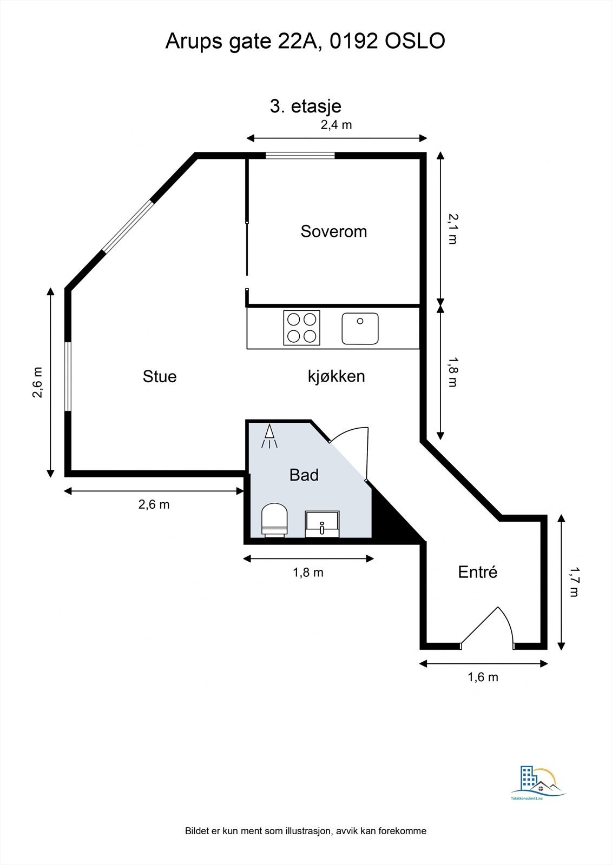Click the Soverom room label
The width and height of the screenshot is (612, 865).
pyautogui.click(x=334, y=231)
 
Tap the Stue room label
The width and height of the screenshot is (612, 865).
pyautogui.click(x=160, y=376)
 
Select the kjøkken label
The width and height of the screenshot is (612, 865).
pyautogui.click(x=337, y=376)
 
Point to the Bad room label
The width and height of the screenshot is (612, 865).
pyautogui.click(x=304, y=475)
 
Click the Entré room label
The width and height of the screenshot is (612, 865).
pyautogui.click(x=477, y=571)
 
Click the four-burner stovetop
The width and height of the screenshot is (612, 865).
pyautogui.click(x=301, y=328)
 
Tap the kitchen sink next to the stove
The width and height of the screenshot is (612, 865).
pyautogui.click(x=360, y=329)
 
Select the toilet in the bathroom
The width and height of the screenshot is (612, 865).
pyautogui.click(x=274, y=520)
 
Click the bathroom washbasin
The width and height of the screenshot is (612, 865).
pyautogui.click(x=322, y=524)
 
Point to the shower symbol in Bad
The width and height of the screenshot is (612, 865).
pyautogui.click(x=269, y=436)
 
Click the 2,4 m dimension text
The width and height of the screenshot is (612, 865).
pyautogui.click(x=337, y=125)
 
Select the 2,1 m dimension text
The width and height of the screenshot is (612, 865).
pyautogui.click(x=452, y=229)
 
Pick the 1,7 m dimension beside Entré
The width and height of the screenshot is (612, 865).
pyautogui.click(x=575, y=582)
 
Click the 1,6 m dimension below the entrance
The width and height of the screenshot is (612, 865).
pyautogui.click(x=483, y=677)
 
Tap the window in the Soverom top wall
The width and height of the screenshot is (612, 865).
pyautogui.click(x=300, y=156)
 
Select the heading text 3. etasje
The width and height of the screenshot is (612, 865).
pyautogui.click(x=305, y=106)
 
